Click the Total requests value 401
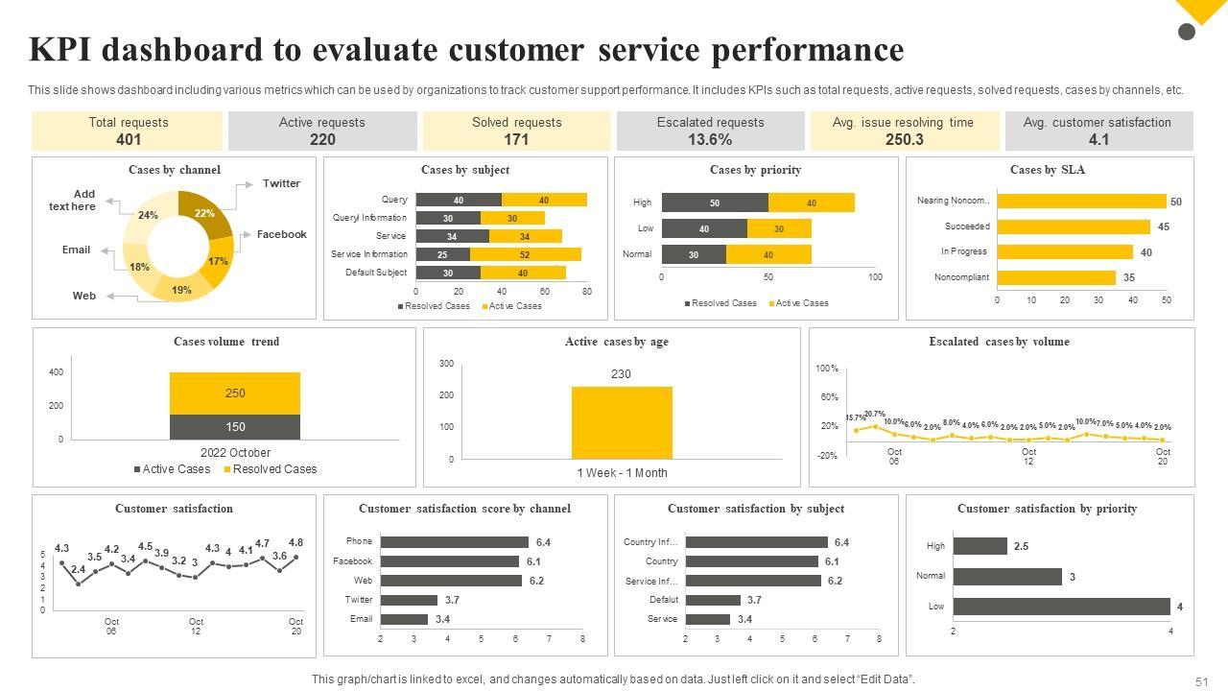point(128,139)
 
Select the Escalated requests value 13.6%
point(710,139)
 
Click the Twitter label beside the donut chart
point(281,183)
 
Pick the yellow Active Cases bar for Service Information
point(525,254)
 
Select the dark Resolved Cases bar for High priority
point(715,203)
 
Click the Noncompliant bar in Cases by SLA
point(1056,277)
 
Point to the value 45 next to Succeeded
point(1163,227)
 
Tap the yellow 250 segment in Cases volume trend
point(235,393)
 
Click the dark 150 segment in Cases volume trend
point(235,427)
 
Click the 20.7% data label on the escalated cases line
point(874,415)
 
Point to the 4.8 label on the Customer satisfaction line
point(295,542)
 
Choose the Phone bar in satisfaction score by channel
point(454,542)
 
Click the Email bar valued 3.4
point(404,619)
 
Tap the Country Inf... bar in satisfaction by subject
point(756,542)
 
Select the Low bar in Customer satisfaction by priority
point(1061,607)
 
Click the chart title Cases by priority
point(755,170)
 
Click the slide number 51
point(1201,681)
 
